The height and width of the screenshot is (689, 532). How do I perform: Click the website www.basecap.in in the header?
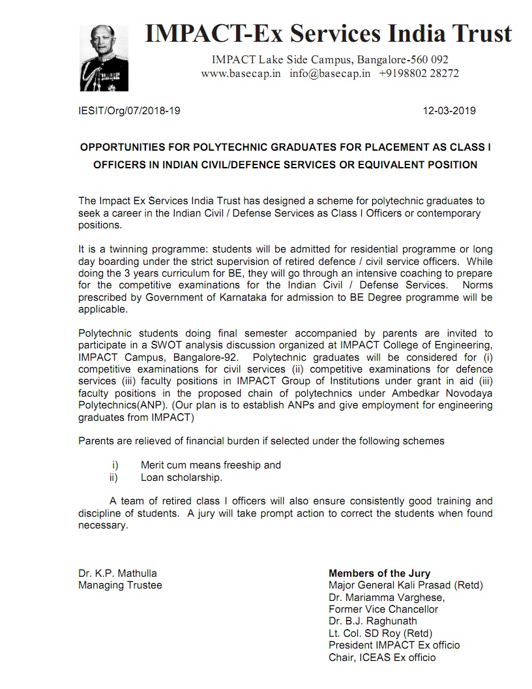click(x=241, y=74)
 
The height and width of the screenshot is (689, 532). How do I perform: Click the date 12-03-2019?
click(x=450, y=110)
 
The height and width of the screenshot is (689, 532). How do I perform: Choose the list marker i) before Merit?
click(x=115, y=465)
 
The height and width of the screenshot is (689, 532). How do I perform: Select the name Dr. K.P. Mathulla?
click(x=117, y=574)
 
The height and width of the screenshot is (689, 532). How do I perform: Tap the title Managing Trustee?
click(x=120, y=585)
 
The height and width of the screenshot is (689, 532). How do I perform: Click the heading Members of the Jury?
click(x=379, y=574)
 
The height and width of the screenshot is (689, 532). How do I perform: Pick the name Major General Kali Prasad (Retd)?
click(x=406, y=585)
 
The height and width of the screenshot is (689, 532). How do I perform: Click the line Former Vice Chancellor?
click(x=383, y=609)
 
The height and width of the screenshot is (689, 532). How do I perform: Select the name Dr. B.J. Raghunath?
click(x=373, y=620)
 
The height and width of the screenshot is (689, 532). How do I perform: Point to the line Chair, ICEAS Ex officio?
click(x=382, y=656)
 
